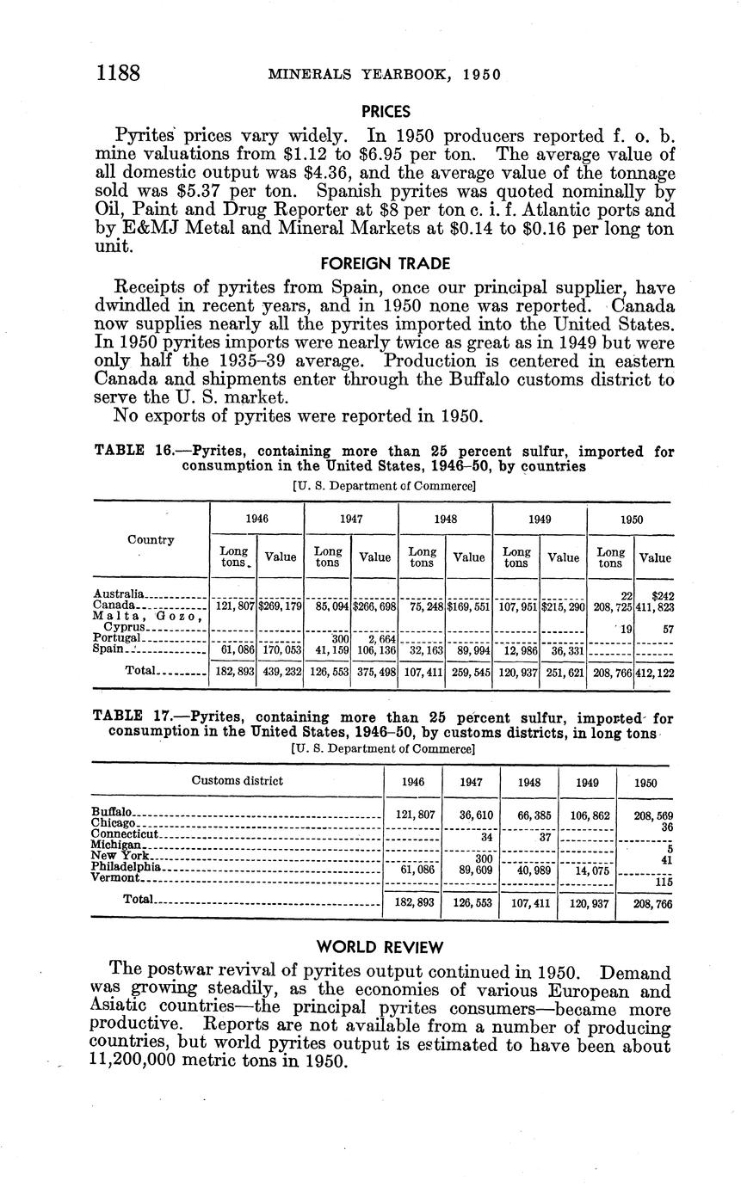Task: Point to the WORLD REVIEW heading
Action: (x=380, y=947)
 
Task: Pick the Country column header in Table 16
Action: (x=151, y=540)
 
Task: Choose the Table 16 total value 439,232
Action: (x=280, y=669)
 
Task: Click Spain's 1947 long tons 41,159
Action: (x=327, y=649)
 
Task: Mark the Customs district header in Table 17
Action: (x=237, y=781)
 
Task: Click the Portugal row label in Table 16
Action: (x=115, y=637)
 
